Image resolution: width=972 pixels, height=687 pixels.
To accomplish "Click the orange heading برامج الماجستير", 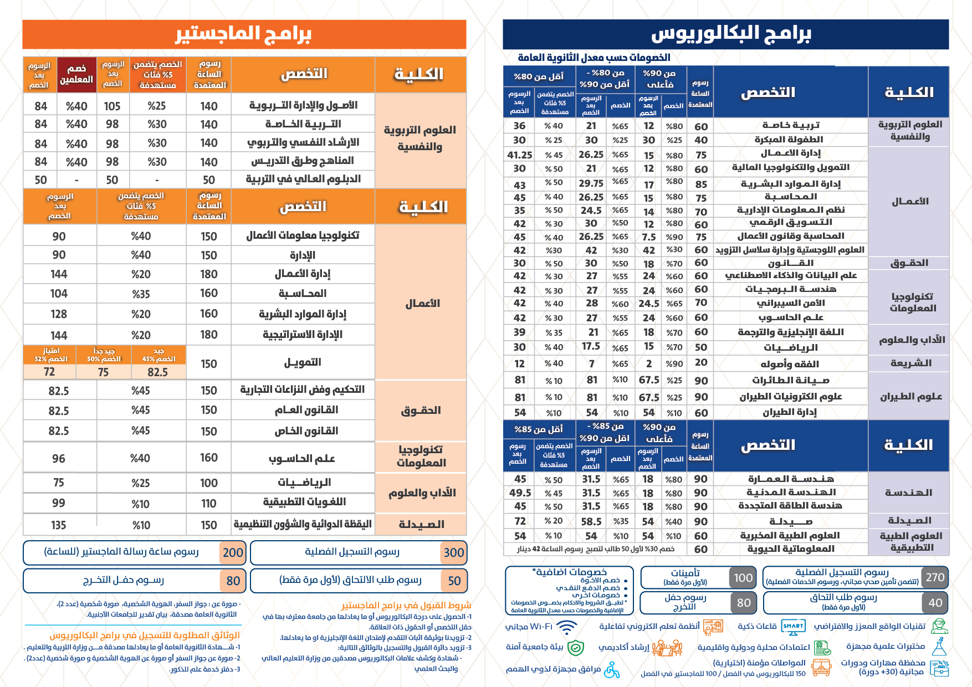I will coord(244,34).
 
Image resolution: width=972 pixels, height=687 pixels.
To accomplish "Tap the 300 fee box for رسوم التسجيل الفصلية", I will coord(454,552).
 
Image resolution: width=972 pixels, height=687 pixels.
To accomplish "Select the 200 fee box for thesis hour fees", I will coord(233,552).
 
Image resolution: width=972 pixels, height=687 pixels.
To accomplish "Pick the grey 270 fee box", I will coord(935,577).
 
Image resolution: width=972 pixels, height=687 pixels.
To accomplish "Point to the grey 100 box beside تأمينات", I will coord(743,578).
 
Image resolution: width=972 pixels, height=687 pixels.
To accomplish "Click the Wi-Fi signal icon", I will coord(566,627).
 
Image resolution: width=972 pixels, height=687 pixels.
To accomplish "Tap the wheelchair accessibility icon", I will coord(612,670).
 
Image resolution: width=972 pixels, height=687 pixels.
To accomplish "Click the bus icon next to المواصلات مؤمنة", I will coord(821,667).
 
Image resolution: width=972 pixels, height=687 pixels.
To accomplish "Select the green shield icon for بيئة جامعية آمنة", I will coord(576,647).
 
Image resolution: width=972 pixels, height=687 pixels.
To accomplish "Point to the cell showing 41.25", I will coord(520,155).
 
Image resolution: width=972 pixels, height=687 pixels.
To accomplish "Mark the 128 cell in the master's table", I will coord(59,314).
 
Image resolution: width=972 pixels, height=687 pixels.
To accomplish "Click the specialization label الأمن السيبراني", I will coord(791,303).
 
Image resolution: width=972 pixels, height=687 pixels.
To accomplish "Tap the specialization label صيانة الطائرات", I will coord(791,380).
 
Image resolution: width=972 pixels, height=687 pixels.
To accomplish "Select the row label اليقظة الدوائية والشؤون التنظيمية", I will coord(303,524).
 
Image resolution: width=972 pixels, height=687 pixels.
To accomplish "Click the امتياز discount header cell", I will coord(50,355).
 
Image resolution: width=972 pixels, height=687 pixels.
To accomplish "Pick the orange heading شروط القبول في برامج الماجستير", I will coord(406,606).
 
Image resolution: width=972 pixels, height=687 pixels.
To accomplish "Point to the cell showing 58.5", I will coord(591,521).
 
